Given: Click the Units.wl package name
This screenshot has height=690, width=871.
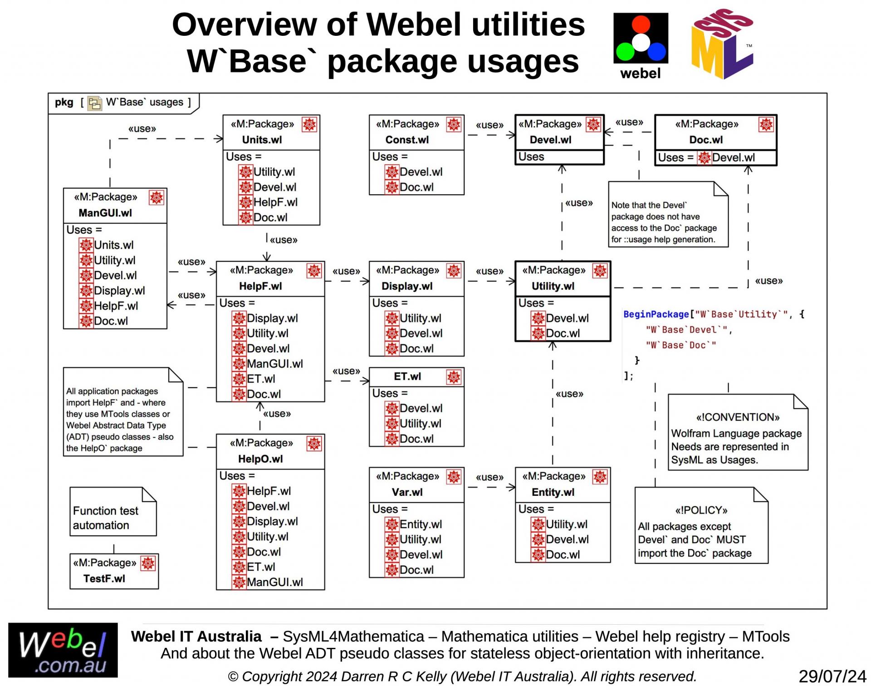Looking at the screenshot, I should tap(262, 140).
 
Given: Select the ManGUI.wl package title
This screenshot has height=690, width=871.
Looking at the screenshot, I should tap(105, 213).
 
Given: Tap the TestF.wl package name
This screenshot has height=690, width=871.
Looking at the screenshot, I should tap(104, 578).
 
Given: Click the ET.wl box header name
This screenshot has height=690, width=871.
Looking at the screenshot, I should tap(407, 377).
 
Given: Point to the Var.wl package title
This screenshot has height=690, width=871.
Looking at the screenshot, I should tap(407, 492).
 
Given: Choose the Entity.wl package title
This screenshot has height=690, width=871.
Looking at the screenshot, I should tap(553, 492).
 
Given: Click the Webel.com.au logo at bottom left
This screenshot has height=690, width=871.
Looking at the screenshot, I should tap(63, 650).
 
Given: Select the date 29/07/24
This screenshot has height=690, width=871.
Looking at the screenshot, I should tap(832, 676).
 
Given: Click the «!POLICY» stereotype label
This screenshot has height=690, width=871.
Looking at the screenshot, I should tap(701, 510).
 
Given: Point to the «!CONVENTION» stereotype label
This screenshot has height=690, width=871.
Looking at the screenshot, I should tap(738, 417).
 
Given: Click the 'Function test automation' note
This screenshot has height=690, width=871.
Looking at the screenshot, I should tap(106, 518).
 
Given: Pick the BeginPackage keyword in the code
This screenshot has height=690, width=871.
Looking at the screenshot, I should tap(656, 314).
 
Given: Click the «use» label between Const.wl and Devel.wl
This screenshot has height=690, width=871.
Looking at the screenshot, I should tap(489, 125).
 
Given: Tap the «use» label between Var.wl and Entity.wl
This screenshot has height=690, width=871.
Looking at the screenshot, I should tap(489, 477).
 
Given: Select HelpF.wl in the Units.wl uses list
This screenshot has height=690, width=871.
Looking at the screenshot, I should tap(275, 202).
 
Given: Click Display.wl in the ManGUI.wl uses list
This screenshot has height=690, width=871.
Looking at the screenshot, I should tap(119, 291).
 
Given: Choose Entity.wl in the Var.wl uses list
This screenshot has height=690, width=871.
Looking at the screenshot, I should tap(421, 524).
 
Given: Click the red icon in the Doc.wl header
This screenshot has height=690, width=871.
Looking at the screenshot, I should tap(766, 124).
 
